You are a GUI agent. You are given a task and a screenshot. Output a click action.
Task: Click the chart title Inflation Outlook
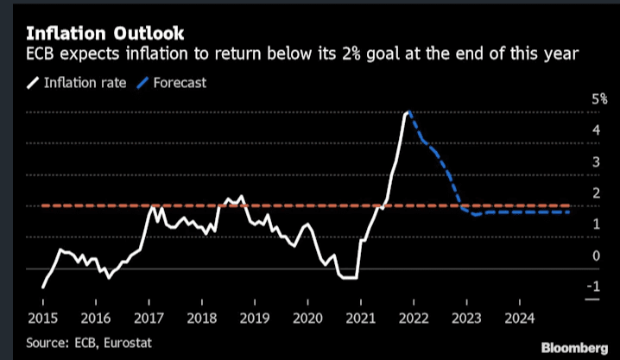coord(104,35)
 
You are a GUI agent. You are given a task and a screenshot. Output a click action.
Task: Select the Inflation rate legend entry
coord(79,83)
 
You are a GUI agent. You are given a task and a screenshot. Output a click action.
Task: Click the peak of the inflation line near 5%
coord(408,112)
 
